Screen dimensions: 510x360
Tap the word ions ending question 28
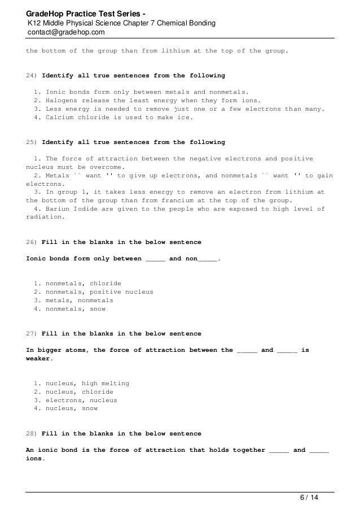click(35, 459)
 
